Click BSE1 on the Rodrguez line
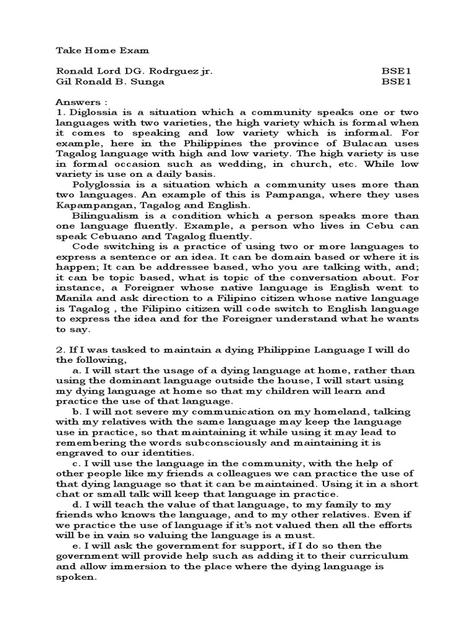pos(393,70)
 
